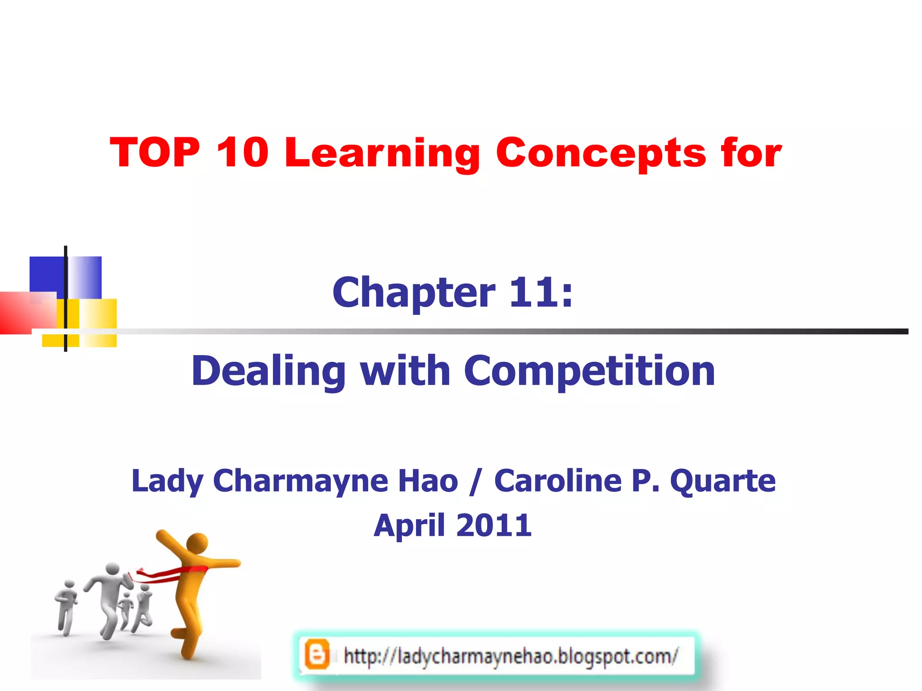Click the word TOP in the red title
point(155,153)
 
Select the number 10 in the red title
point(243,153)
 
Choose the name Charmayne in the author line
point(300,481)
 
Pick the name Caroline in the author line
point(558,480)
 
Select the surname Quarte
point(723,481)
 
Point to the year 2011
point(494,525)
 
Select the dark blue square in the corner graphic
point(46,274)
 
